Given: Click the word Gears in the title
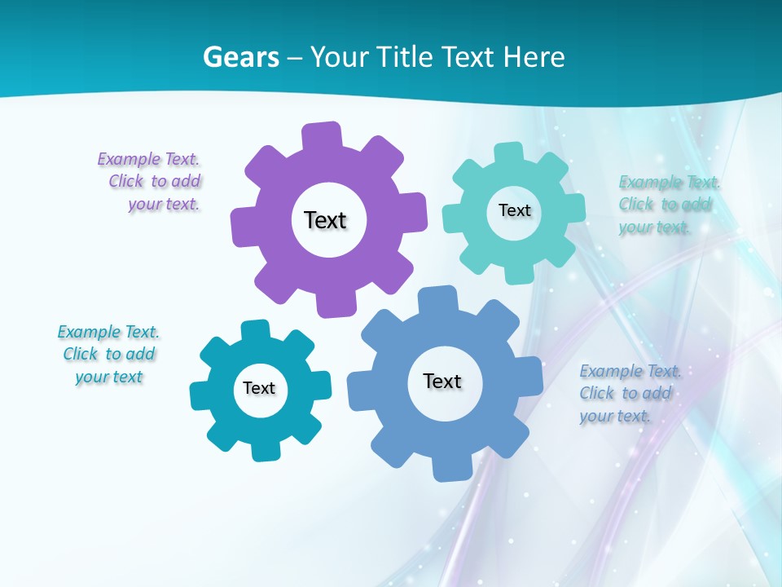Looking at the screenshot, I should tap(240, 57).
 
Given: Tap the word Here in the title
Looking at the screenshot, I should tap(534, 57).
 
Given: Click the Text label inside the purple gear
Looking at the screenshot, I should tap(325, 220).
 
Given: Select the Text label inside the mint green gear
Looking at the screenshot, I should tap(514, 210).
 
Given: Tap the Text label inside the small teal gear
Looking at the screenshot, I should tap(259, 388).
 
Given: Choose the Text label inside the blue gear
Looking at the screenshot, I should tap(442, 381).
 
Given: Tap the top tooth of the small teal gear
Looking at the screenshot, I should tap(256, 330).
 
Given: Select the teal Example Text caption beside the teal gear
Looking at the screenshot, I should tap(108, 354).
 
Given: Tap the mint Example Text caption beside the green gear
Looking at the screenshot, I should tap(668, 204).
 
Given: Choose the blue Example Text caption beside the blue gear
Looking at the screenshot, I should tap(629, 393).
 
